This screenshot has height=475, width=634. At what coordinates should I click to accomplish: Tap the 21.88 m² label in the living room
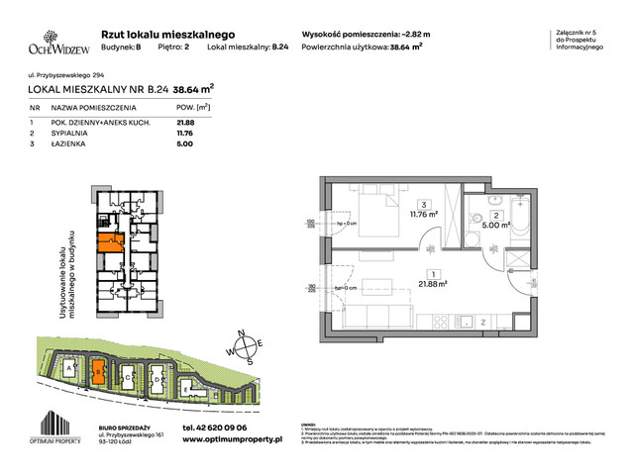tap(433, 283)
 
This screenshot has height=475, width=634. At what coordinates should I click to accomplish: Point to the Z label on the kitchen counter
tap(480, 322)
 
